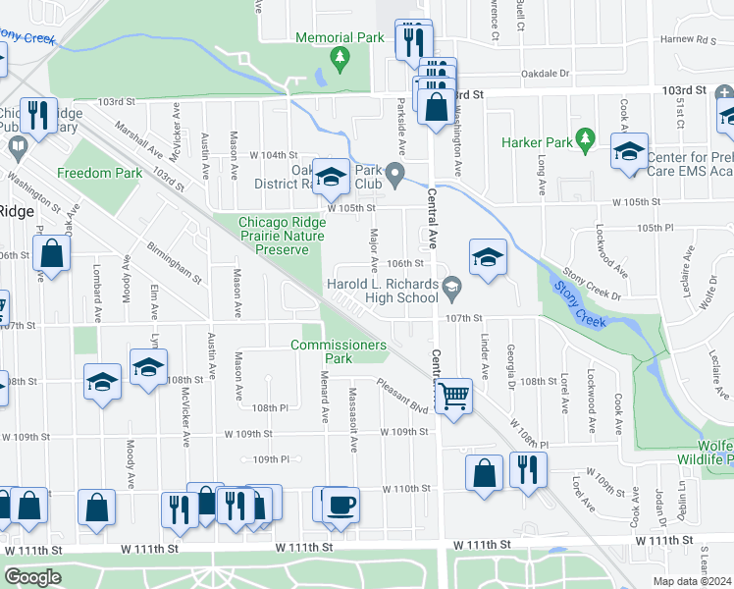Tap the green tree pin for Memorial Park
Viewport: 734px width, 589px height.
341,59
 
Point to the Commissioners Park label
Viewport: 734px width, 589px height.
338,351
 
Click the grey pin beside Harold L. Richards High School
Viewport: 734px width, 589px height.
452,288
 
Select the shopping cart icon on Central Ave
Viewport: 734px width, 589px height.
453,397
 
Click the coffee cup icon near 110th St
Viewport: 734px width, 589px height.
341,505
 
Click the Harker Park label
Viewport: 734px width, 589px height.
537,142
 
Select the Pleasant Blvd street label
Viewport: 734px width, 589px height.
401,400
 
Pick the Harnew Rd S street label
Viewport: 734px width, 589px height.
689,40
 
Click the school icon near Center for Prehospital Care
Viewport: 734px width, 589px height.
628,152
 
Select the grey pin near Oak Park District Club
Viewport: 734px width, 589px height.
395,177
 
